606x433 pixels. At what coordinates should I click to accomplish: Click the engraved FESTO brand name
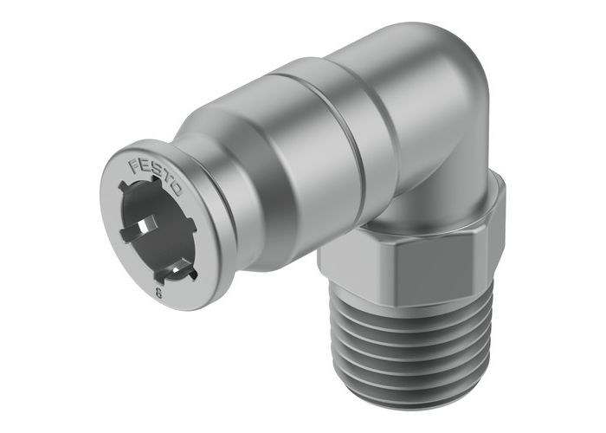tap(156, 175)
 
